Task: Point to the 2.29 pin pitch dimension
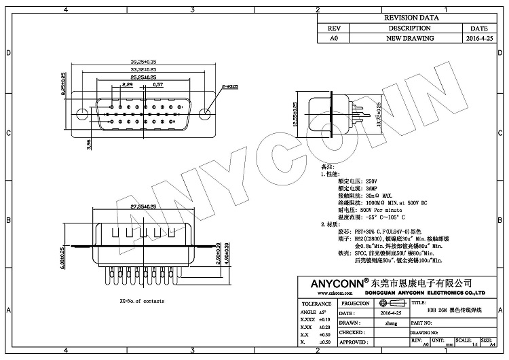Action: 127,85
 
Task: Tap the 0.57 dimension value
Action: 157,85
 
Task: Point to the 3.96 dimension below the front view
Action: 89,144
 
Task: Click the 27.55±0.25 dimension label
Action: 143,205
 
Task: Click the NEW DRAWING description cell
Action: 410,39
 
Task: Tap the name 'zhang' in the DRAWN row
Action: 390,324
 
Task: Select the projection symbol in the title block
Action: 390,303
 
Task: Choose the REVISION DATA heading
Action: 410,18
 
